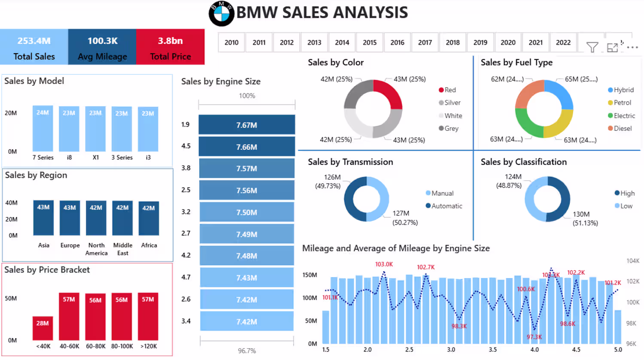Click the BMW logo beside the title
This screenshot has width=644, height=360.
point(222,13)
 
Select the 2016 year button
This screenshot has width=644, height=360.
point(397,42)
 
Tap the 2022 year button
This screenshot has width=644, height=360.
point(563,42)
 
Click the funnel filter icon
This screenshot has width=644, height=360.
point(592,47)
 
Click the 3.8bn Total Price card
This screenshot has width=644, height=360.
point(170,47)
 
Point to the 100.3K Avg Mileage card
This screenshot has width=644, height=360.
point(102,47)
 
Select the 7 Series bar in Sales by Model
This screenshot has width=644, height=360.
point(43,128)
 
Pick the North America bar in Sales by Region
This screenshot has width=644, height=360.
point(96,218)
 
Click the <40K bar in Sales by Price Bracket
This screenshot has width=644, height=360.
point(43,328)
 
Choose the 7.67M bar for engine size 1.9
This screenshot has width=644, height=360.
point(247,125)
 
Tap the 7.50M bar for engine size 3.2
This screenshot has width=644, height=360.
point(247,212)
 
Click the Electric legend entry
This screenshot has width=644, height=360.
point(621,115)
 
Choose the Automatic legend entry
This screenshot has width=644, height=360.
point(444,206)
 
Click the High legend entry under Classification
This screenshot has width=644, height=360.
point(624,193)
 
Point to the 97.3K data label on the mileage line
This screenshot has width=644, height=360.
point(534,337)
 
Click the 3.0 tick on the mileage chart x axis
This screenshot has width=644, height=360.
point(451,350)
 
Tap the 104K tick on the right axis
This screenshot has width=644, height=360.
point(632,260)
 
